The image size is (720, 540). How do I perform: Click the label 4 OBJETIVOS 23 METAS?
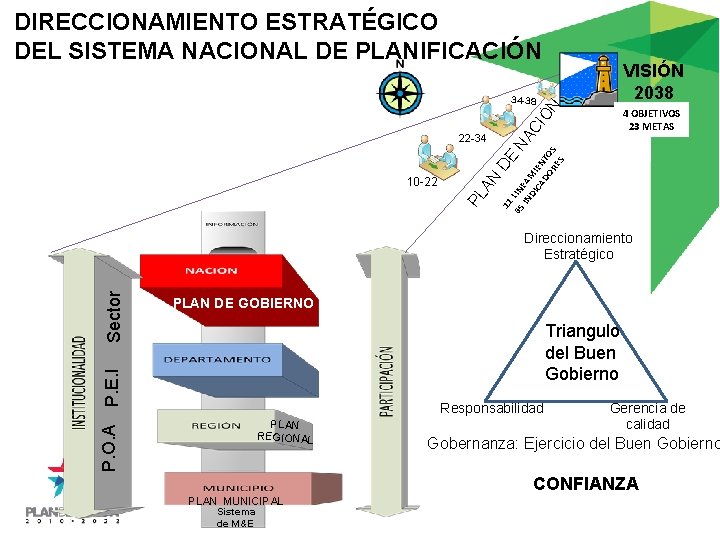pyautogui.click(x=651, y=120)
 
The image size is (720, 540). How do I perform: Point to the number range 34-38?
pyautogui.click(x=523, y=102)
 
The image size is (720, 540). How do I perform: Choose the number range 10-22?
pyautogui.click(x=421, y=184)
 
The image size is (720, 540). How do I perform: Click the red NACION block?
pyautogui.click(x=211, y=270)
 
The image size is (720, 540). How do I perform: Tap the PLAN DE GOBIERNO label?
pyautogui.click(x=243, y=303)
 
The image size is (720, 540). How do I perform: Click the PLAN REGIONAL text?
pyautogui.click(x=285, y=431)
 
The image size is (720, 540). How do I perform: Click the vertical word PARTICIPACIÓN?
pyautogui.click(x=386, y=381)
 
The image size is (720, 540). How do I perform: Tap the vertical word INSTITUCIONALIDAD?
pyautogui.click(x=78, y=383)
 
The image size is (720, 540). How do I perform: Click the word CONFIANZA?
pyautogui.click(x=585, y=484)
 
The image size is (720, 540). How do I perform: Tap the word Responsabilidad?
pyautogui.click(x=492, y=408)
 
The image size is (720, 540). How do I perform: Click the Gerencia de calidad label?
pyautogui.click(x=648, y=416)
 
